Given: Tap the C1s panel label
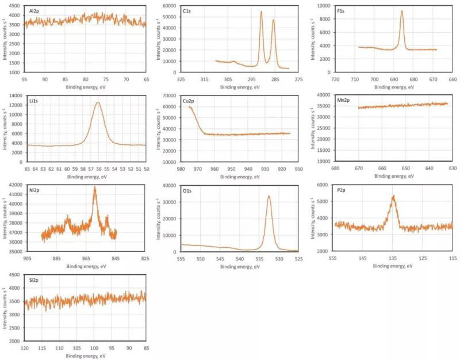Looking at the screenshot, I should (x=188, y=10).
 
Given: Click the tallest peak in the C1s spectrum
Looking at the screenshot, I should (x=261, y=12).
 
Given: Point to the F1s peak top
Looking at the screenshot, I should (x=402, y=12).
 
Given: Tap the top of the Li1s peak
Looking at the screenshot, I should (x=98, y=103).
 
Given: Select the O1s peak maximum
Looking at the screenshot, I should (x=269, y=196).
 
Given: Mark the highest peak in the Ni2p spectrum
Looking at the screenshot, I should (x=95, y=187).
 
